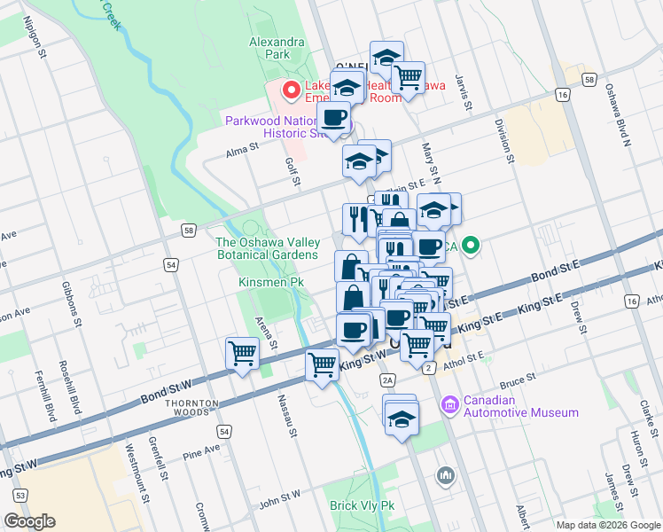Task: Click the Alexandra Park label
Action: click(x=277, y=48)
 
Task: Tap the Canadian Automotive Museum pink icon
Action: click(x=449, y=405)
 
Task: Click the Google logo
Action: click(x=29, y=520)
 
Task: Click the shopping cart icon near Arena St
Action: click(x=242, y=354)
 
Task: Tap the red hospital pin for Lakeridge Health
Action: click(x=289, y=90)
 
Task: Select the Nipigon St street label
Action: click(x=41, y=38)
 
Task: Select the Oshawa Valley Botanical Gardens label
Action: click(x=267, y=248)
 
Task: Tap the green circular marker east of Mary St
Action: click(x=472, y=246)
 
